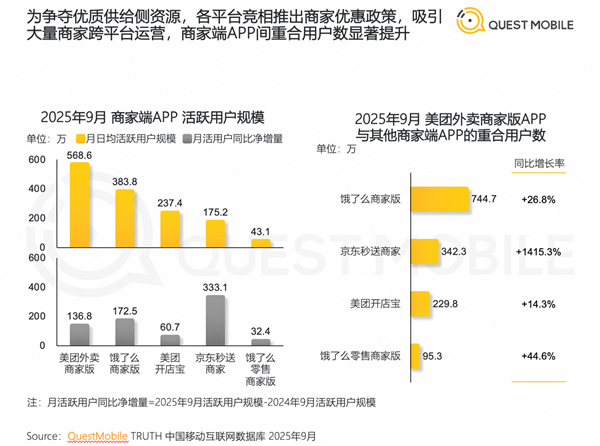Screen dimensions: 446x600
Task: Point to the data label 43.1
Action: [260, 230]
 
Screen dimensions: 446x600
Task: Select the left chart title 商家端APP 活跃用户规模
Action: [159, 114]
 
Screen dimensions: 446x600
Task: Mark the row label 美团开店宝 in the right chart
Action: [376, 302]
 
